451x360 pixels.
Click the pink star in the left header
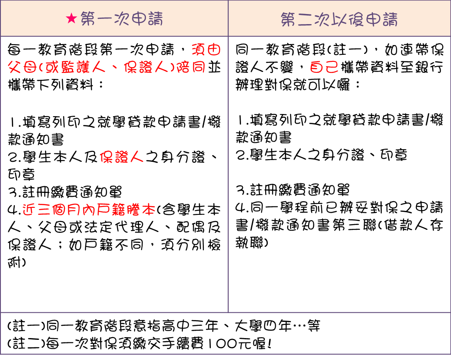pos(71,19)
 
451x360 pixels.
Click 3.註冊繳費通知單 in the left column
pos(64,192)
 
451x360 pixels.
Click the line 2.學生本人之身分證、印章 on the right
pos(321,154)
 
